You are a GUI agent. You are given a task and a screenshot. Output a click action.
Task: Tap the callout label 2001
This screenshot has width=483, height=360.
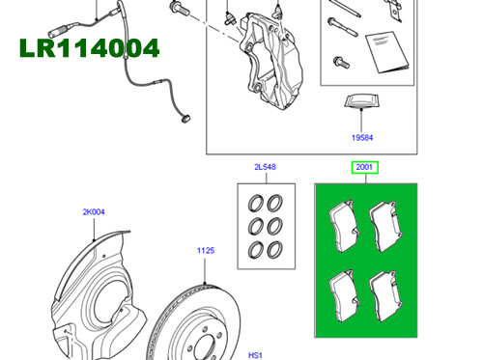(364, 168)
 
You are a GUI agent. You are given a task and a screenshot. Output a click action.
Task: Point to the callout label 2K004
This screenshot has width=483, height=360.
(93, 210)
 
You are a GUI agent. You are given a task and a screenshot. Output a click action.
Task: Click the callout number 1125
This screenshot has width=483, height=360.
(205, 251)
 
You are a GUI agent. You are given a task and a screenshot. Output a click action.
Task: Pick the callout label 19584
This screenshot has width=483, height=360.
(363, 138)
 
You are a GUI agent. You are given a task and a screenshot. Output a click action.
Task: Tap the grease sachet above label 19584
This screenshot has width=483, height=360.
(362, 103)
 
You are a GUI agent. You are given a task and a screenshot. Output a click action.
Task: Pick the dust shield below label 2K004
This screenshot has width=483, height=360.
(97, 290)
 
